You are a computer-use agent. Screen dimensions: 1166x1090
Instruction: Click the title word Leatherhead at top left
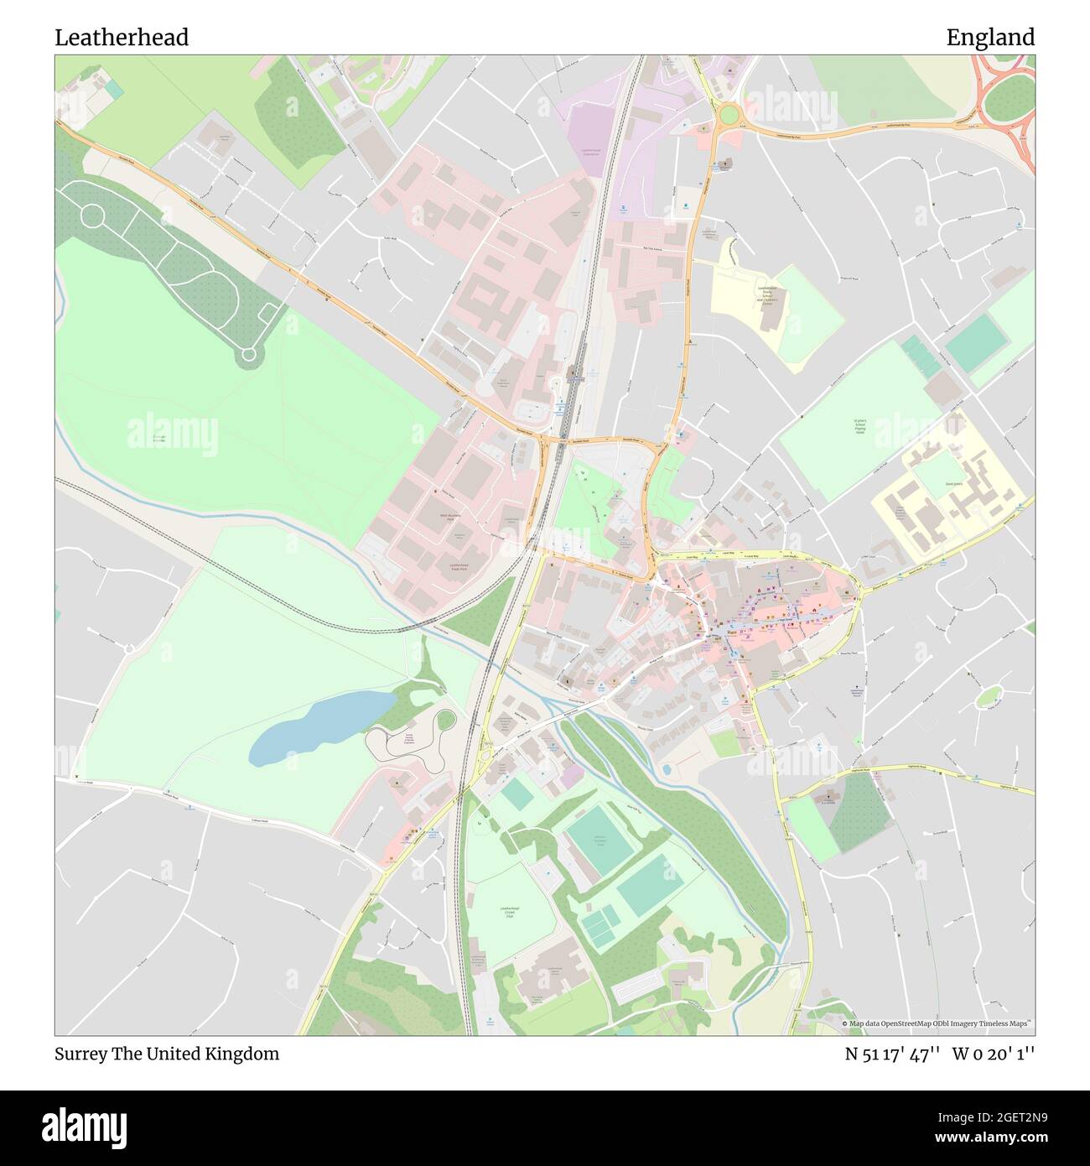(122, 38)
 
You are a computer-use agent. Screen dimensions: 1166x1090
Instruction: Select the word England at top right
(990, 38)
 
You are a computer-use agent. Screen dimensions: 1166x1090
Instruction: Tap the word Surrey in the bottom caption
(80, 1054)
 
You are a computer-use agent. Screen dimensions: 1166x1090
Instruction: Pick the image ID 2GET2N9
(1004, 1117)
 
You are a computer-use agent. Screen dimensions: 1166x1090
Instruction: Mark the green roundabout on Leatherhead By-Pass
(728, 113)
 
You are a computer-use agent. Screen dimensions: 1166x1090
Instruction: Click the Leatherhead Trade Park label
(458, 567)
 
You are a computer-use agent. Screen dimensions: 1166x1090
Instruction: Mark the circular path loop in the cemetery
(248, 355)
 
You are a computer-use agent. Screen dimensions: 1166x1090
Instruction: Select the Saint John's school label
(955, 484)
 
